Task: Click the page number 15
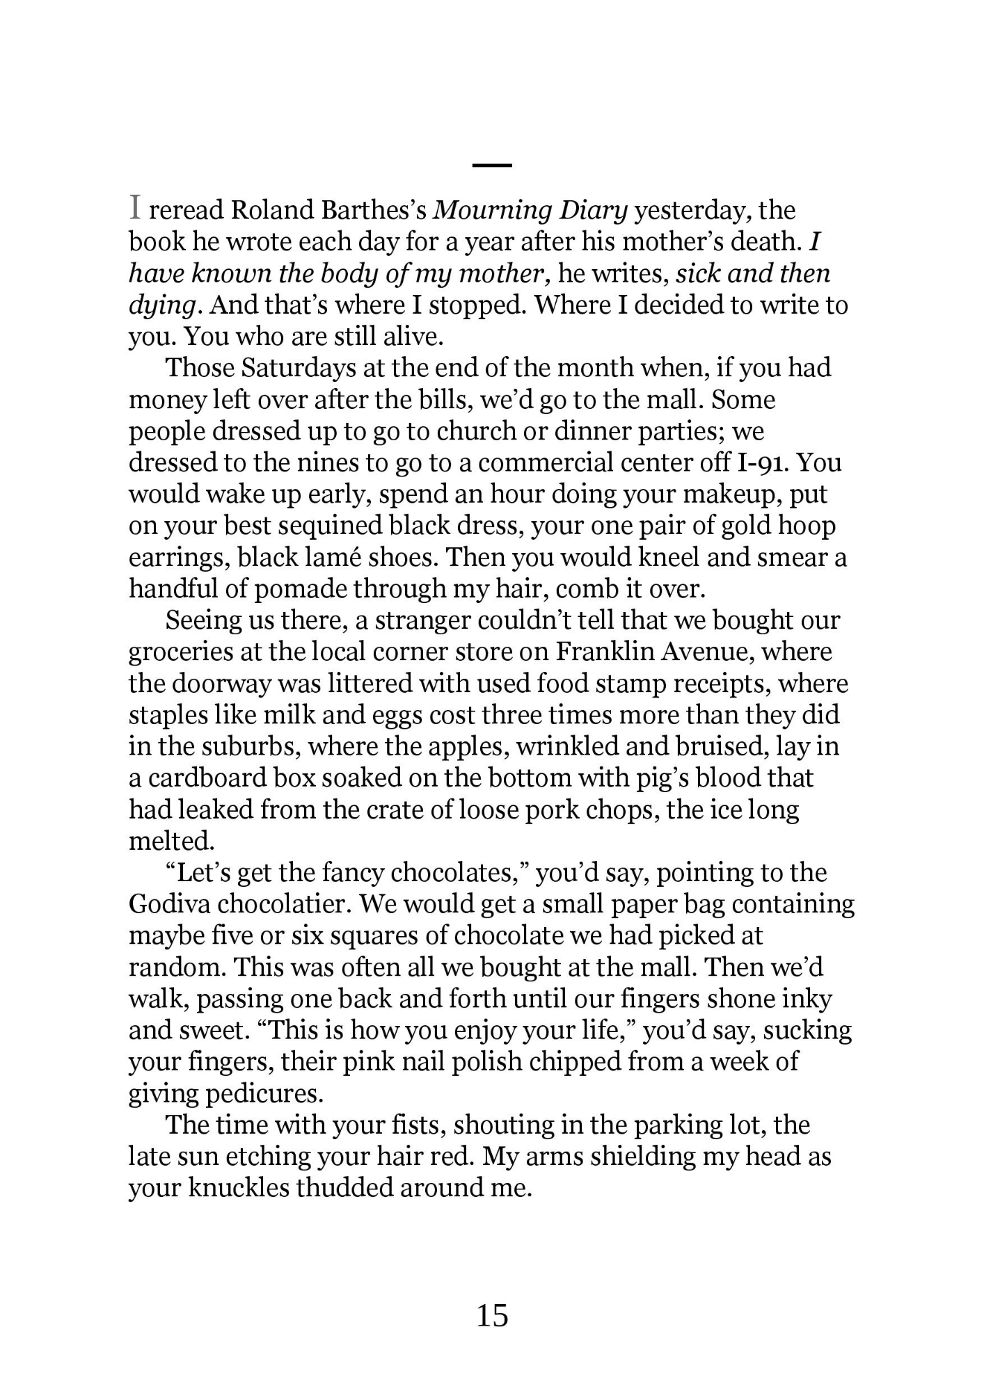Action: pos(492,1315)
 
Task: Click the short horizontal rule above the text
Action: pos(492,165)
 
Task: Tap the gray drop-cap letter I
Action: pos(136,207)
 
